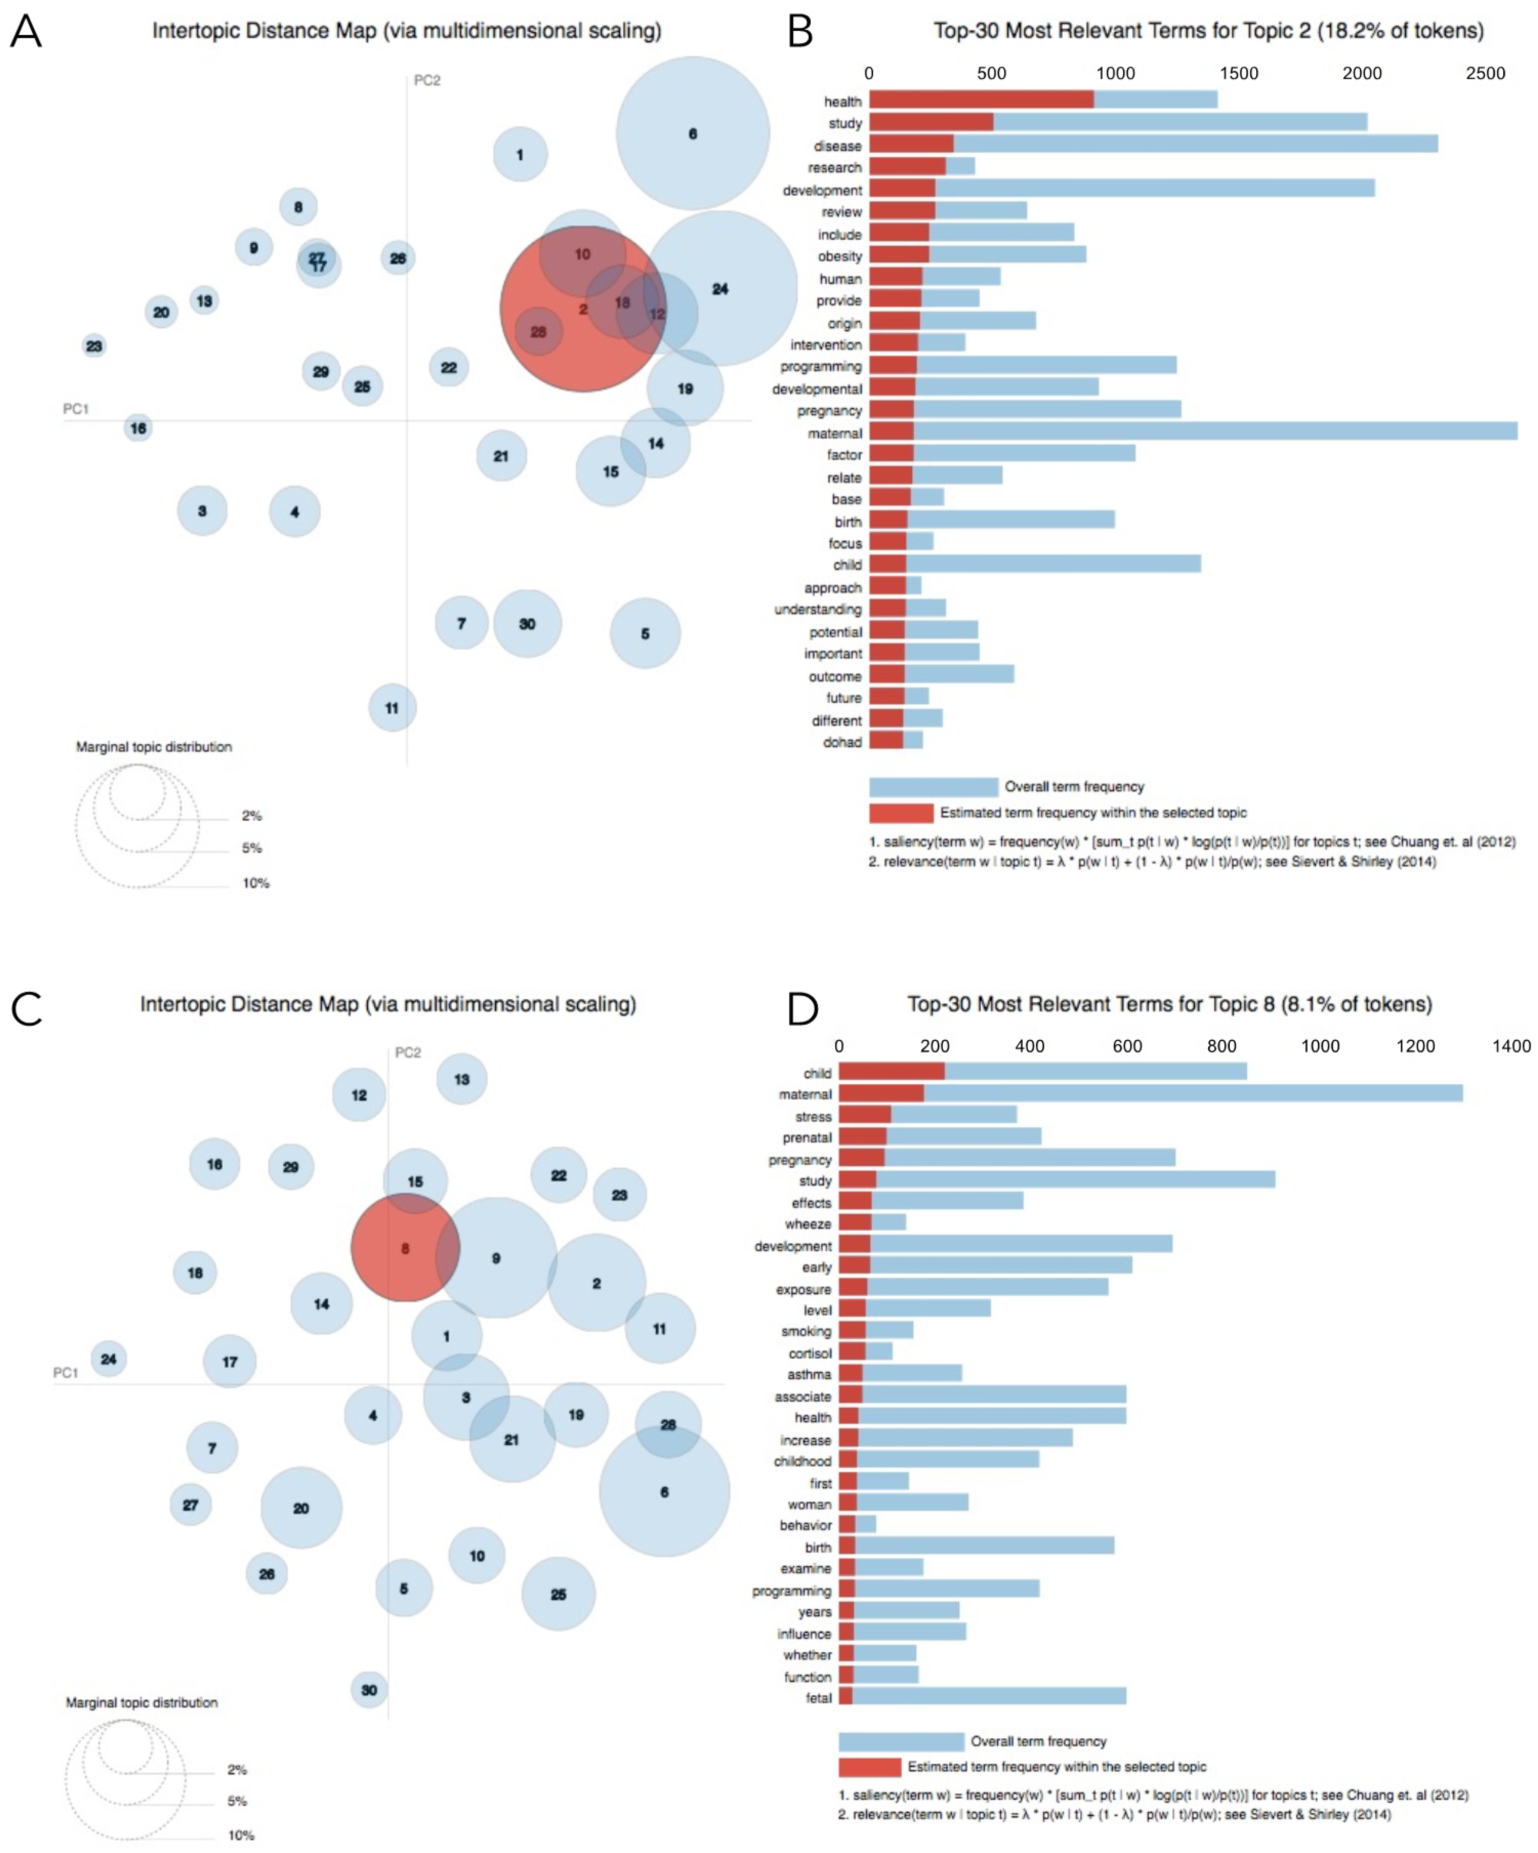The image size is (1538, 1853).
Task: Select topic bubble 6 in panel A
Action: pyautogui.click(x=692, y=133)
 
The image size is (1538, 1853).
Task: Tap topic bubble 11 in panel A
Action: pyautogui.click(x=392, y=708)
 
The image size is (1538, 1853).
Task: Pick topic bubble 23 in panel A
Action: pyautogui.click(x=94, y=346)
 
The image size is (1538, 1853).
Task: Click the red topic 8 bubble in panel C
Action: pyautogui.click(x=405, y=1248)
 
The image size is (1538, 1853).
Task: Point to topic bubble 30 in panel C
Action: pyautogui.click(x=369, y=1690)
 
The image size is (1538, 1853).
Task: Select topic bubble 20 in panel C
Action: pyautogui.click(x=301, y=1508)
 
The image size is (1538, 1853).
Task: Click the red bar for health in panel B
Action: pyautogui.click(x=981, y=100)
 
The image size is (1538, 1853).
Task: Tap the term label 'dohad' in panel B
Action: pyautogui.click(x=842, y=742)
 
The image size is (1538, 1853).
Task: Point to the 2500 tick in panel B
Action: pyautogui.click(x=1485, y=73)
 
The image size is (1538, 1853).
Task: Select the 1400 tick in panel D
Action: pyautogui.click(x=1511, y=1046)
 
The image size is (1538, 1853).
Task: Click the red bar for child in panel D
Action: pyautogui.click(x=891, y=1072)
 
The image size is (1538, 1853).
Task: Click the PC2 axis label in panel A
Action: pyautogui.click(x=427, y=80)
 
